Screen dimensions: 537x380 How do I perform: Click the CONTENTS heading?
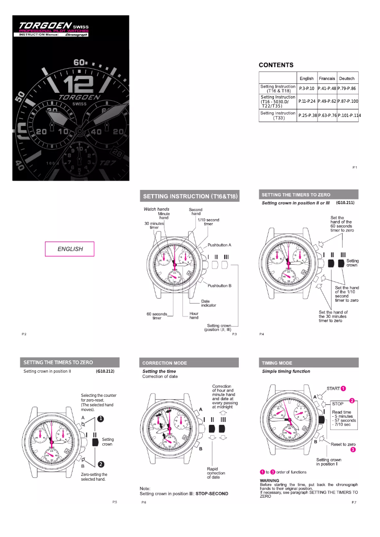pyautogui.click(x=276, y=65)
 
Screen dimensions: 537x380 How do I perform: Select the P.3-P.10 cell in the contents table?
pyautogui.click(x=307, y=89)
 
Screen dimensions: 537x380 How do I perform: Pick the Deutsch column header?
pyautogui.click(x=347, y=78)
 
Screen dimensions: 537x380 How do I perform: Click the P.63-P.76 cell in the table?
pyautogui.click(x=327, y=116)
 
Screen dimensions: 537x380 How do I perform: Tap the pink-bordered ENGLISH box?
pyautogui.click(x=70, y=249)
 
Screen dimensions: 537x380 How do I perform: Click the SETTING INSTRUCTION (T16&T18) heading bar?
pyautogui.click(x=190, y=196)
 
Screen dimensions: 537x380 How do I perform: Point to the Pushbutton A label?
pyautogui.click(x=219, y=245)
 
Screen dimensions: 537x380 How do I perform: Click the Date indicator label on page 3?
pyautogui.click(x=208, y=303)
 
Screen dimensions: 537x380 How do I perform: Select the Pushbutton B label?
pyautogui.click(x=220, y=286)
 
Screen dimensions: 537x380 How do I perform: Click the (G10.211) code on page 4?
pyautogui.click(x=345, y=203)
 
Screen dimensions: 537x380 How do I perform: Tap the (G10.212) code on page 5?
pyautogui.click(x=105, y=371)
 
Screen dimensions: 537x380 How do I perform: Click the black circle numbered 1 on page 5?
pyautogui.click(x=101, y=419)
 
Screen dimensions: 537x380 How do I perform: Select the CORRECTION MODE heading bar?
pyautogui.click(x=165, y=363)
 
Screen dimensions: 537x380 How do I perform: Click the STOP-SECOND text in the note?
pyautogui.click(x=212, y=493)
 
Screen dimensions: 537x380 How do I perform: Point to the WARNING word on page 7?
pyautogui.click(x=270, y=481)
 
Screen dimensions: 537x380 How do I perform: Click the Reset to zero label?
pyautogui.click(x=343, y=444)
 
